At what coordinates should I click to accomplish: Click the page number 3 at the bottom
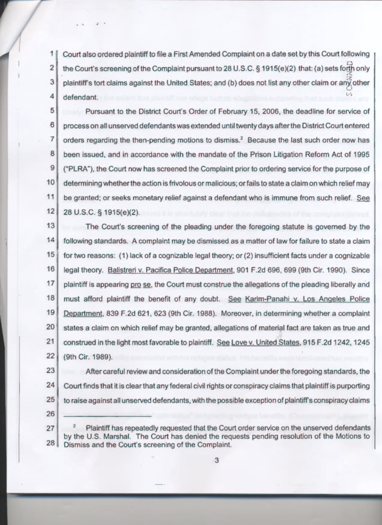point(217,460)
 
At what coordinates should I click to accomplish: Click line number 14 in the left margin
point(51,240)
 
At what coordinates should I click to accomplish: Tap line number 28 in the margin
point(51,442)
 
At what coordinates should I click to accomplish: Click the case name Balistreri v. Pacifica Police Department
point(170,270)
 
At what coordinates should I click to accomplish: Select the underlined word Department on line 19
point(83,313)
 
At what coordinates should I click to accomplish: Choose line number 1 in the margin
point(52,54)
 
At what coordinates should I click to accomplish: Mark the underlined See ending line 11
point(363,198)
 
